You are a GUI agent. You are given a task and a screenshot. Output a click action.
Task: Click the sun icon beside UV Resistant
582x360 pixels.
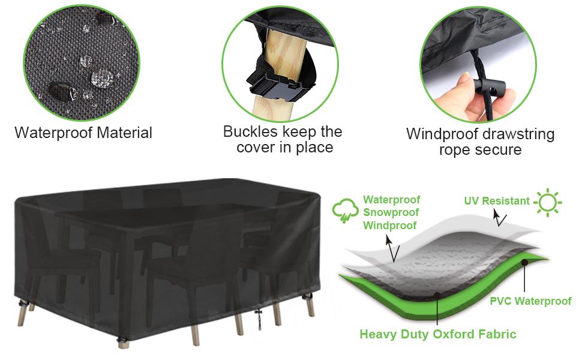click(x=547, y=202)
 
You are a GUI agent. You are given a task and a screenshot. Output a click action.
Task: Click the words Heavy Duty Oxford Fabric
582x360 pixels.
click(x=438, y=334)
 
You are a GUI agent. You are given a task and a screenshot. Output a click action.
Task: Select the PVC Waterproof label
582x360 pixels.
click(x=530, y=301)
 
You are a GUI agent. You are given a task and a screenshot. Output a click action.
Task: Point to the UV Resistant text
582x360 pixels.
click(x=497, y=201)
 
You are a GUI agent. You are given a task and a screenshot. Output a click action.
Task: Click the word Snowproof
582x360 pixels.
click(x=391, y=212)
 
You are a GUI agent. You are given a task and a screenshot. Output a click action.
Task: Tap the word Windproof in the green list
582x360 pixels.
click(x=390, y=225)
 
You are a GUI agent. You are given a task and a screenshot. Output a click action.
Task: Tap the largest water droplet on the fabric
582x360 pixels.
click(x=102, y=78)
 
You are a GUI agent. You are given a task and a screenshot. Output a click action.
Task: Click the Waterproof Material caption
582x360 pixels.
click(x=83, y=133)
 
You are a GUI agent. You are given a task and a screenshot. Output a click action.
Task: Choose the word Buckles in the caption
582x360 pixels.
click(x=251, y=132)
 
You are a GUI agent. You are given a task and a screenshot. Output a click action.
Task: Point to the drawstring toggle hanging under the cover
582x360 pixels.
click(x=259, y=317)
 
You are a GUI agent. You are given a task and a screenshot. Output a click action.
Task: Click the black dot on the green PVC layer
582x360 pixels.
click(x=524, y=262)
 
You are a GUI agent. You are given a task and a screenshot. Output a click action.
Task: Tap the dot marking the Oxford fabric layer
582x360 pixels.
click(x=437, y=295)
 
